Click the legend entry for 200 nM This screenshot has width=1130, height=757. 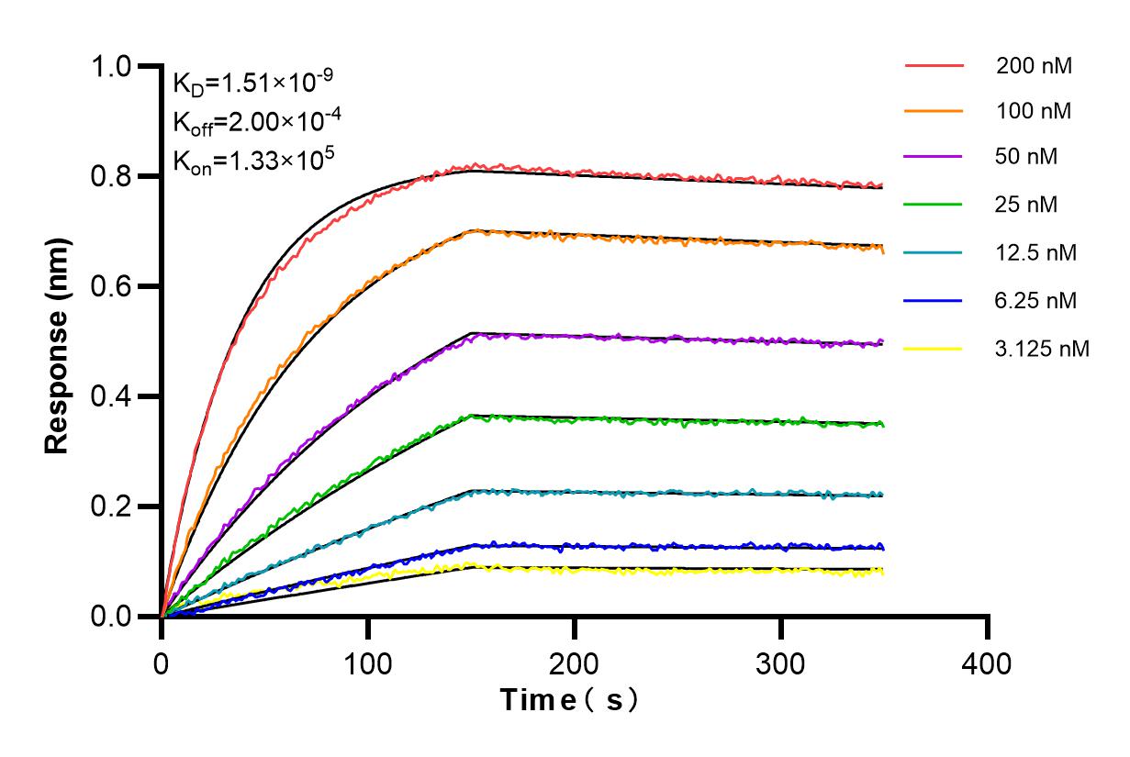(x=1034, y=66)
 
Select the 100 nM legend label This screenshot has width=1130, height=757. (x=1034, y=112)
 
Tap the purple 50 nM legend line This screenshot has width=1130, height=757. (x=934, y=158)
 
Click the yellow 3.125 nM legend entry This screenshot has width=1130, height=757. (x=934, y=349)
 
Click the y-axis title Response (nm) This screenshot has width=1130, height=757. (x=58, y=342)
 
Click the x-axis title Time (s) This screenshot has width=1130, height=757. (x=569, y=700)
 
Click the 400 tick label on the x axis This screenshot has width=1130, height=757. (x=988, y=663)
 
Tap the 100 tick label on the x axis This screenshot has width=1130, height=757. (x=368, y=663)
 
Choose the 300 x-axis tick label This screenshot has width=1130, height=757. (x=781, y=663)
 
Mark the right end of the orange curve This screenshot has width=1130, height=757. (x=883, y=250)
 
